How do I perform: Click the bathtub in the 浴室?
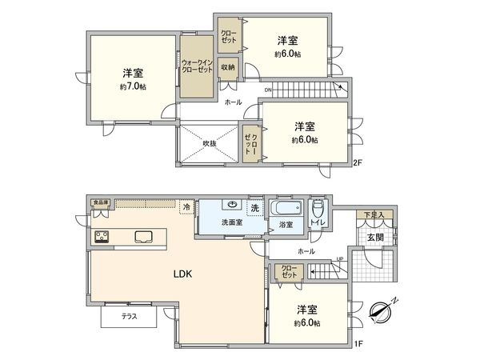click(x=284, y=210)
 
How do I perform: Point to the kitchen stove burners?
click(x=102, y=236)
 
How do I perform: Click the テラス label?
click(x=129, y=317)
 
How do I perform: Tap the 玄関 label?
click(x=375, y=238)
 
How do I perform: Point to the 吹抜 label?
click(x=210, y=144)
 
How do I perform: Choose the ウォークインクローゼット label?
click(x=196, y=66)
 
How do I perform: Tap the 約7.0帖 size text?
click(x=134, y=86)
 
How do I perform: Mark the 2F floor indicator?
click(x=358, y=164)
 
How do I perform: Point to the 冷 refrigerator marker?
click(x=186, y=207)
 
